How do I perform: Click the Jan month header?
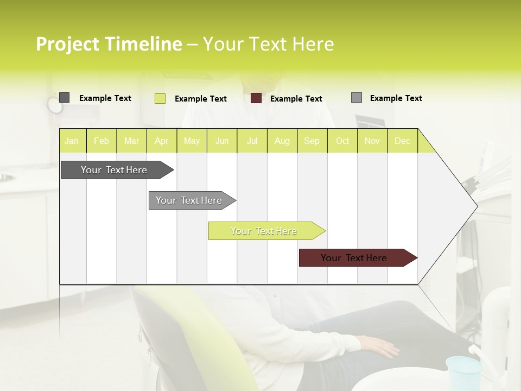(72, 141)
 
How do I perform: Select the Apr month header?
(162, 141)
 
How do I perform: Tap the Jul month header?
(252, 141)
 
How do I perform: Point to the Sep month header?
(312, 141)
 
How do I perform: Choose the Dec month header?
(403, 141)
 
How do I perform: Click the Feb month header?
(101, 141)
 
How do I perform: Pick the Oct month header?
(342, 141)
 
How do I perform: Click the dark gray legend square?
(64, 98)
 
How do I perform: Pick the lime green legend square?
(160, 98)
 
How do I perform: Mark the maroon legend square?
(256, 98)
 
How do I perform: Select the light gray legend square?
(357, 98)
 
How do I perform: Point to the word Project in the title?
(67, 44)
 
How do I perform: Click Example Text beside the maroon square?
(296, 99)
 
